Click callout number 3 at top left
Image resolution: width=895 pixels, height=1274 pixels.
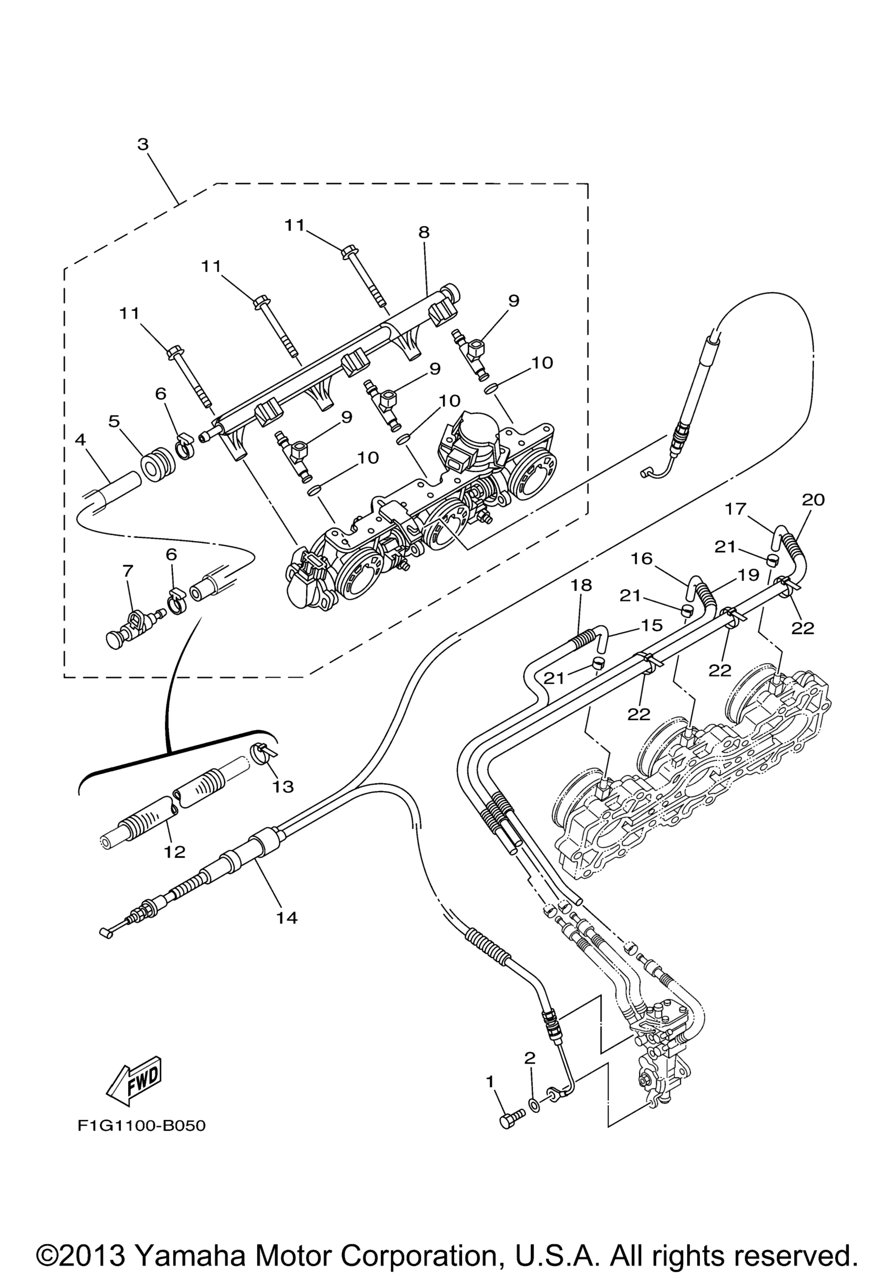click(143, 144)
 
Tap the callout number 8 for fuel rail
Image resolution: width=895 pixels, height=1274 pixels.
click(424, 232)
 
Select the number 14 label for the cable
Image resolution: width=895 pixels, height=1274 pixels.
click(288, 918)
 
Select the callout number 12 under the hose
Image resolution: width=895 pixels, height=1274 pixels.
click(175, 852)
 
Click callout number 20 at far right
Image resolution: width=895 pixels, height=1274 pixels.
click(813, 500)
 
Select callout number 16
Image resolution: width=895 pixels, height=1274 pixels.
click(642, 558)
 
